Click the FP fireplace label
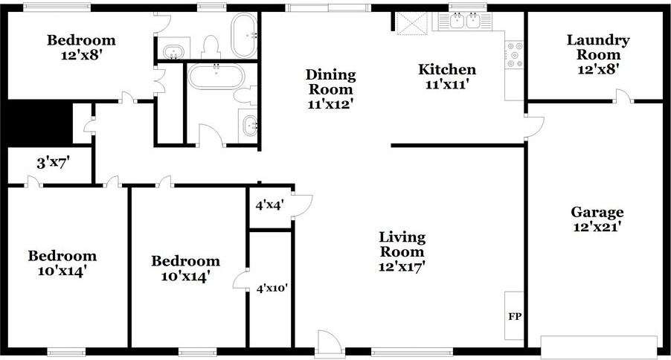[515, 317]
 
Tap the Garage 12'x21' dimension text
[597, 227]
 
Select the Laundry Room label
[598, 47]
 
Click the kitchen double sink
[464, 20]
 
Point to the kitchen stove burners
[514, 54]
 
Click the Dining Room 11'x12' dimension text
[330, 104]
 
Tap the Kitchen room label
[447, 69]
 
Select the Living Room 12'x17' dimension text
[402, 267]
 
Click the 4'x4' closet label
[269, 205]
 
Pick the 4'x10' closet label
[272, 288]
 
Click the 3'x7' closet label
[53, 163]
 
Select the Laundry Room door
[623, 96]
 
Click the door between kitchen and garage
[533, 127]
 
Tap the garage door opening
[599, 347]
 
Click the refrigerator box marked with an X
[411, 22]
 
